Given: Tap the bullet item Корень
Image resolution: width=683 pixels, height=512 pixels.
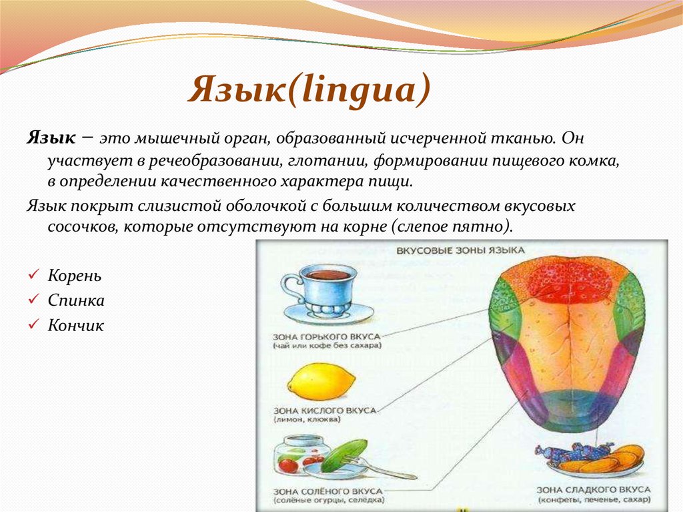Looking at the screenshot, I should coord(75,276).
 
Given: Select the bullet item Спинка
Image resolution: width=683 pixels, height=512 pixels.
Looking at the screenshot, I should coord(76,300).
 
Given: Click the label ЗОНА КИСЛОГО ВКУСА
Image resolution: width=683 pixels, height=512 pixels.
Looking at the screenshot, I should coord(324,410).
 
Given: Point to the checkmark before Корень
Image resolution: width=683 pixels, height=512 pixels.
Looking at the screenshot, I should coord(34,276).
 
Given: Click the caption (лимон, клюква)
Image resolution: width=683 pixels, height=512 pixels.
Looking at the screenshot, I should coord(307,421).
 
